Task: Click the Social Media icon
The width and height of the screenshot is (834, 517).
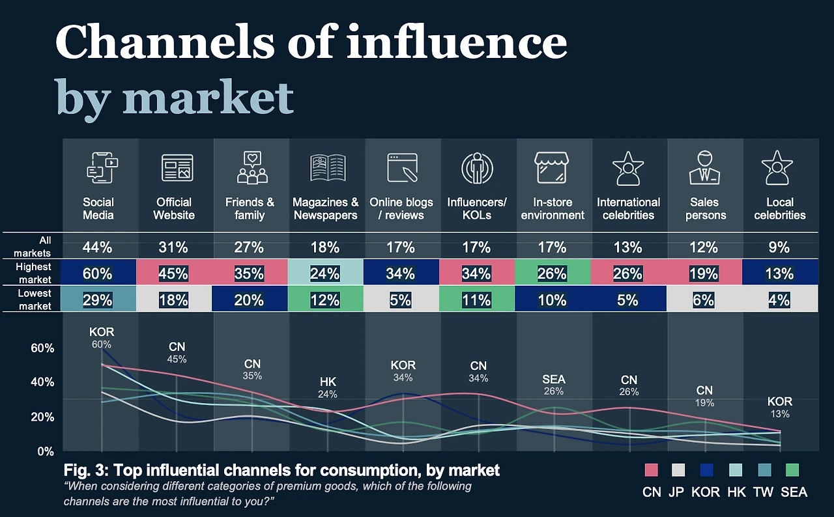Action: tap(101, 167)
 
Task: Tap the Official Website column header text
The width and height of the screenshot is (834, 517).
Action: tap(174, 208)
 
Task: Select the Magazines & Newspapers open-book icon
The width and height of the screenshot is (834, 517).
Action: tap(327, 167)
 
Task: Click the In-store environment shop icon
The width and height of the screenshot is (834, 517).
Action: tap(553, 167)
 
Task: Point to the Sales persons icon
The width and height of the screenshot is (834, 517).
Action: tap(705, 167)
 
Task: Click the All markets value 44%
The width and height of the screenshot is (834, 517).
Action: tap(98, 247)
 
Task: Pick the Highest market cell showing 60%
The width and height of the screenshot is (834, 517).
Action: tap(98, 274)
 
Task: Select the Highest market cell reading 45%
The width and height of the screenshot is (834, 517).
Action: tap(173, 274)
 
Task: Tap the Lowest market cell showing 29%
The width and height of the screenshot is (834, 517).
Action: tap(98, 300)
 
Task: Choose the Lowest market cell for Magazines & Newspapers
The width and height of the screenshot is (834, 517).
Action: tap(325, 300)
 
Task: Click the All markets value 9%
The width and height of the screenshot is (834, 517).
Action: tap(779, 247)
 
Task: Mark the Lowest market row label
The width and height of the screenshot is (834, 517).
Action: tap(35, 300)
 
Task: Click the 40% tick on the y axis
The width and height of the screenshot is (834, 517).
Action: tap(42, 382)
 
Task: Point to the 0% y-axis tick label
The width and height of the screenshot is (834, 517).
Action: tap(45, 451)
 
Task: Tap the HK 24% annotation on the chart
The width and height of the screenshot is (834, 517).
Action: tap(327, 387)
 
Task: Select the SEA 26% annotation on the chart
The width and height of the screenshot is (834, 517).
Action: tap(553, 385)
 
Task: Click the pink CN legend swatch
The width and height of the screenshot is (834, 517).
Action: tap(651, 470)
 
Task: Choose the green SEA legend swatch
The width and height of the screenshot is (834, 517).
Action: tap(792, 470)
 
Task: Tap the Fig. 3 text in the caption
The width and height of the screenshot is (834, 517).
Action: tap(84, 470)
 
